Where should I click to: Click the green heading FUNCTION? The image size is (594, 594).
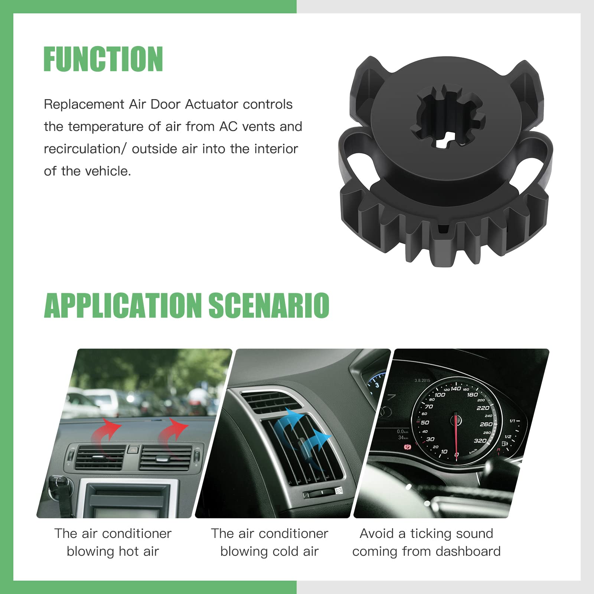(103, 59)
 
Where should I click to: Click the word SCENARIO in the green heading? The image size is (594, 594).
(269, 305)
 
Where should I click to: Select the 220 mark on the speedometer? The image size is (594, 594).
(483, 408)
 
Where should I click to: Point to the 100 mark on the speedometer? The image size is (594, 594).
(440, 395)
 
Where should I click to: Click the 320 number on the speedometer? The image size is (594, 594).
(480, 441)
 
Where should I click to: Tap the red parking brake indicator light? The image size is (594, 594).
(408, 447)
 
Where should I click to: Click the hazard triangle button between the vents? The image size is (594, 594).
(132, 450)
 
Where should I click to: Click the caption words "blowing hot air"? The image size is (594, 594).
(113, 552)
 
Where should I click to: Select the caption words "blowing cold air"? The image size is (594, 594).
(270, 552)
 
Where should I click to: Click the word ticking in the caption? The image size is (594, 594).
(429, 534)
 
